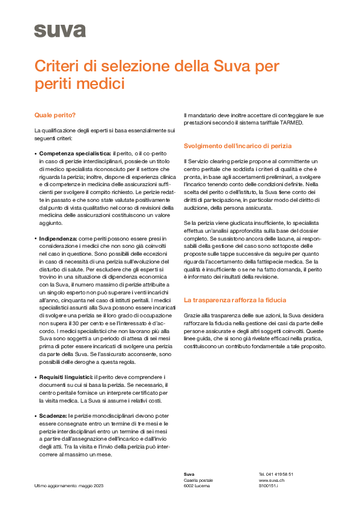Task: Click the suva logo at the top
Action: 51,30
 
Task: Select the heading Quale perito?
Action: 55,114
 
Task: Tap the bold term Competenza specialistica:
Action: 75,154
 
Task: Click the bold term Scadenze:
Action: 53,415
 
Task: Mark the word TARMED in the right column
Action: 291,123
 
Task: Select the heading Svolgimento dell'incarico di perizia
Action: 238,146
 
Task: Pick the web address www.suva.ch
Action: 272,479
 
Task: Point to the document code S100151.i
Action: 268,485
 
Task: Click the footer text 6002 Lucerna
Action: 197,485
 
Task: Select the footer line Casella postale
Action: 199,479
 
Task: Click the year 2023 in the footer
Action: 98,485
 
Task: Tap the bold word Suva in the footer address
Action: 189,474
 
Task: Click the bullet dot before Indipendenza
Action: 36,239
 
